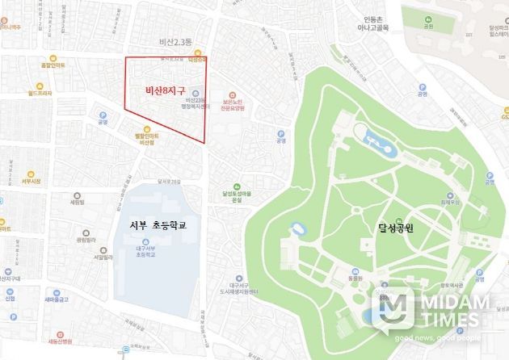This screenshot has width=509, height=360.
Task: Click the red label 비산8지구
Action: tap(165, 90)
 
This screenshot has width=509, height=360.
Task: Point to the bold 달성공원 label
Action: tap(401, 228)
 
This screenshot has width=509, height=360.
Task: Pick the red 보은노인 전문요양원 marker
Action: tap(234, 92)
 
